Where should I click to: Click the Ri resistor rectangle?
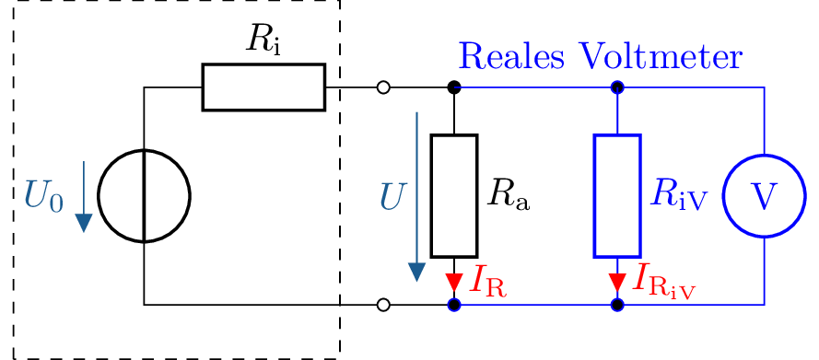(x=263, y=87)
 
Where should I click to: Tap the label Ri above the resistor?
(x=263, y=38)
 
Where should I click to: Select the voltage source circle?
(x=145, y=196)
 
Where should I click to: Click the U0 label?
(x=43, y=196)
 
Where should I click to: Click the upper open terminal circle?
(x=383, y=87)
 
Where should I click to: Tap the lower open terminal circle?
(x=383, y=305)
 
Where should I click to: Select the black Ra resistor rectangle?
(x=454, y=196)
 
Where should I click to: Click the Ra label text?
(x=509, y=193)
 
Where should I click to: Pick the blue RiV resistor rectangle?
(x=617, y=196)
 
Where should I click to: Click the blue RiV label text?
(x=677, y=193)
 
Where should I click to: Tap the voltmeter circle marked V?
(x=764, y=196)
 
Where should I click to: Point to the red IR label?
(x=487, y=280)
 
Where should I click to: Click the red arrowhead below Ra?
(x=454, y=282)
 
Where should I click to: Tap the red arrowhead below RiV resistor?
(x=617, y=282)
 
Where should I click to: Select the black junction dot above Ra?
(x=454, y=87)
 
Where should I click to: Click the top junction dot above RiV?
(x=617, y=87)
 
